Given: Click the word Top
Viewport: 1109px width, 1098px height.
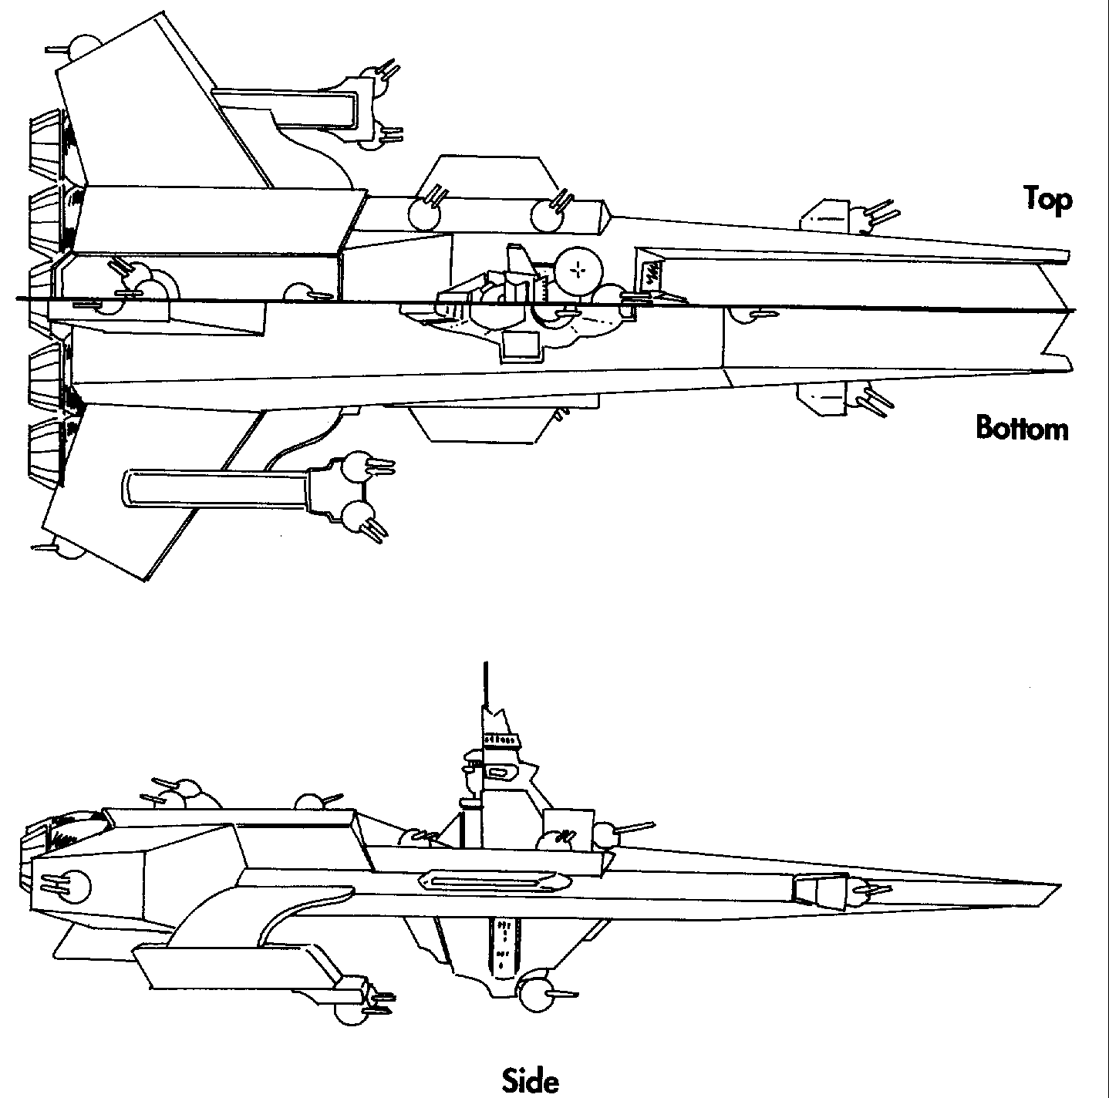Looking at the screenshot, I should [x=1047, y=199].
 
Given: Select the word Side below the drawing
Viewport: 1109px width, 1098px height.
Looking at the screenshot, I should [x=530, y=1079].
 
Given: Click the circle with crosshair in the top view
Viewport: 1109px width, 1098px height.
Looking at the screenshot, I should [x=575, y=269].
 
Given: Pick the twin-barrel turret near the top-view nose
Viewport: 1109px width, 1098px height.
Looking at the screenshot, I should [x=868, y=215].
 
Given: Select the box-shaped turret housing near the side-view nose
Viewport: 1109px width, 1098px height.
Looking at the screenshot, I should [x=819, y=891].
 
